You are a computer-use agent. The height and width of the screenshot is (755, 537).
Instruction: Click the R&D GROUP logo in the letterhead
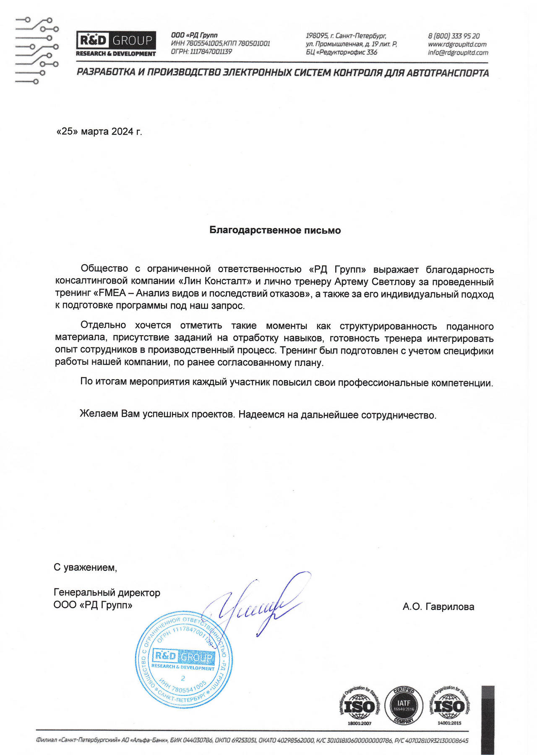click(x=116, y=44)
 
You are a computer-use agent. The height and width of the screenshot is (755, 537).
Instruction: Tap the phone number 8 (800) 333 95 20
click(x=454, y=36)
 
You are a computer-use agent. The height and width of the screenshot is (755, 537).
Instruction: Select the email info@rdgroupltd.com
click(x=458, y=52)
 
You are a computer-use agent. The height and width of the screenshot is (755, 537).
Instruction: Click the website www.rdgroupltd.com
click(x=457, y=44)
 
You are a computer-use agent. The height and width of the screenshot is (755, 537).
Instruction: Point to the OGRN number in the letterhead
click(x=201, y=52)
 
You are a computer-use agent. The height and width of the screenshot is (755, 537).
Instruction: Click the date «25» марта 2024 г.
click(x=99, y=132)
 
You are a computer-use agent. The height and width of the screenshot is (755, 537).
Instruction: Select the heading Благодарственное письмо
click(x=275, y=230)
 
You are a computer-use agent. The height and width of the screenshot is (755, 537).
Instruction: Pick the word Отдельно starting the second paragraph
click(x=103, y=325)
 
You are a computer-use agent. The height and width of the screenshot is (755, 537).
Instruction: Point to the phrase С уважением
click(x=85, y=568)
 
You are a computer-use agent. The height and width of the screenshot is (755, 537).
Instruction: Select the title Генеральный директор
click(x=107, y=593)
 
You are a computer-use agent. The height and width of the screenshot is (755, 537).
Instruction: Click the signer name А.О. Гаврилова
click(x=438, y=607)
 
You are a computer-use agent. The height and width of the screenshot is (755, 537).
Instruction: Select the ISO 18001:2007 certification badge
click(x=360, y=706)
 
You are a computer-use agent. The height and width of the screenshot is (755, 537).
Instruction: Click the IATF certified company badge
click(x=404, y=704)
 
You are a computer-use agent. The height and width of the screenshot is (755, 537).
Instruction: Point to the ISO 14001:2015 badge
click(x=449, y=706)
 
